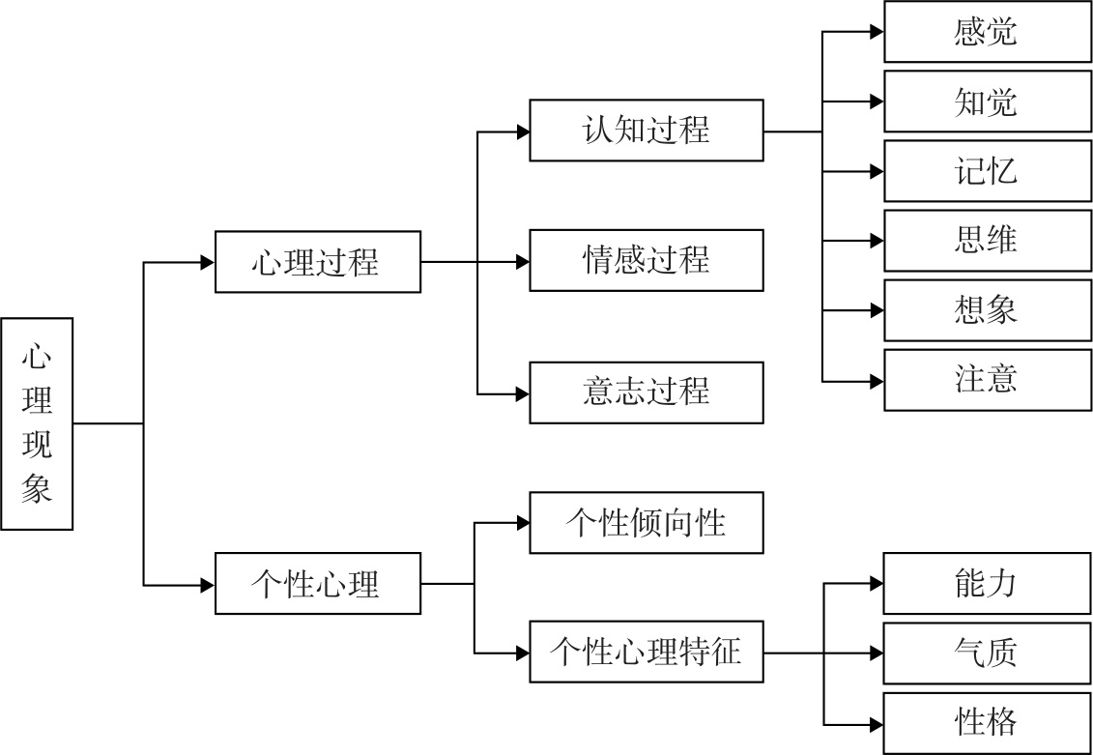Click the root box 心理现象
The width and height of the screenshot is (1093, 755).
click(37, 423)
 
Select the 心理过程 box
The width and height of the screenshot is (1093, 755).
click(317, 261)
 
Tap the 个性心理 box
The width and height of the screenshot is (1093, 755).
click(317, 584)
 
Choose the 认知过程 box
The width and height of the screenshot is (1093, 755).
click(646, 130)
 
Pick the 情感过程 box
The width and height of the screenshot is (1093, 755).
click(646, 260)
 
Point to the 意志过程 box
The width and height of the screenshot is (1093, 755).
click(646, 392)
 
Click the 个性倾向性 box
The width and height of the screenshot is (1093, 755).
click(646, 523)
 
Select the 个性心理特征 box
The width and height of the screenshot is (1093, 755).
click(646, 653)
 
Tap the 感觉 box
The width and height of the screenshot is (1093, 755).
click(987, 32)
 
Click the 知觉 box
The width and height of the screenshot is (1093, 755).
click(987, 102)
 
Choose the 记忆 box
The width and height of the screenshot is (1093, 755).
click(987, 171)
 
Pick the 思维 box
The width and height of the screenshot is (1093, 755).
click(987, 240)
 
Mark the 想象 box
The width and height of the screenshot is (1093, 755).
click(987, 310)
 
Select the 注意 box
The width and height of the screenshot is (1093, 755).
click(987, 380)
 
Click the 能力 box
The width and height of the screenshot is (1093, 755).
click(987, 584)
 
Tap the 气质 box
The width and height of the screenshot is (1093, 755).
click(987, 653)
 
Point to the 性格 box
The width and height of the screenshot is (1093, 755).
click(987, 723)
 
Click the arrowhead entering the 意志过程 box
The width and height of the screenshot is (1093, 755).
click(522, 393)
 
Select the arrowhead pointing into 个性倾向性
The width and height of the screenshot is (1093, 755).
click(522, 523)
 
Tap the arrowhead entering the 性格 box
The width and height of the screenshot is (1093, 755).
click(876, 723)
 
